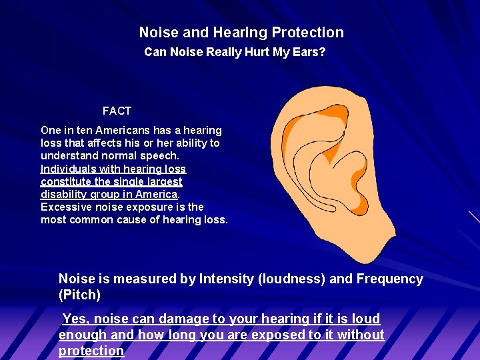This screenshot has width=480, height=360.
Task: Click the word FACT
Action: tap(117, 111)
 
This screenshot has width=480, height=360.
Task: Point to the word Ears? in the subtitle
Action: tap(309, 52)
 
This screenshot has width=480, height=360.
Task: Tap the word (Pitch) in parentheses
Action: tap(79, 294)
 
